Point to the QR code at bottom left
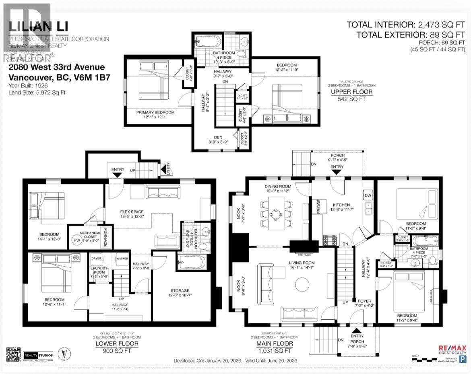tap(12, 353)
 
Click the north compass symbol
tap(62, 354)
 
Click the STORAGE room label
tap(179, 290)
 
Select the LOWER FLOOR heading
tap(117, 344)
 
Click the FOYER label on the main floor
tap(360, 301)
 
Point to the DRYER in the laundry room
tap(96, 259)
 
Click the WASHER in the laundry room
tap(122, 259)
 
